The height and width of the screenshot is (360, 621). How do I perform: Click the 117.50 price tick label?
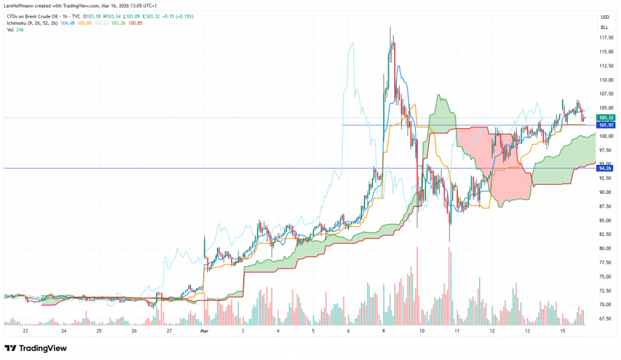tap(604, 38)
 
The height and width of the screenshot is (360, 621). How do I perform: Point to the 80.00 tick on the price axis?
tap(604, 248)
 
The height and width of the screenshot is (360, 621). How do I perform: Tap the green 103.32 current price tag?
tap(606, 118)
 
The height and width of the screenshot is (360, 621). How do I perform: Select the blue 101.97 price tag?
tap(606, 125)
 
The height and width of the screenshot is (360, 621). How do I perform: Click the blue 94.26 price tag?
tap(606, 168)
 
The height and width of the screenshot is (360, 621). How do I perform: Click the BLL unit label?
tap(604, 27)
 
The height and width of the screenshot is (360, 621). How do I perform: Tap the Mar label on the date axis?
tap(204, 332)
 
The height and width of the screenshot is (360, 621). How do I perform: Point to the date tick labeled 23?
tap(25, 332)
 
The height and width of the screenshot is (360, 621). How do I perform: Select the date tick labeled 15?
tap(562, 332)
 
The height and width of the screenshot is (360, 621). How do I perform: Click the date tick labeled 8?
tap(384, 332)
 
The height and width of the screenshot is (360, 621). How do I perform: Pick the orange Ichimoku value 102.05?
tap(86, 23)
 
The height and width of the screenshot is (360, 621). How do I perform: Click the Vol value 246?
tap(22, 30)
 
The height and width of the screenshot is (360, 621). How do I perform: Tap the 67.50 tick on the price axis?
tap(604, 319)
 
